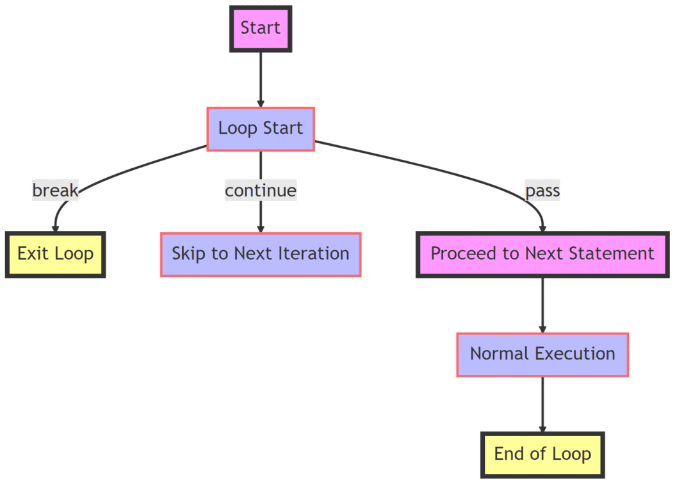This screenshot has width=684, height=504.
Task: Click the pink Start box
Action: click(x=260, y=28)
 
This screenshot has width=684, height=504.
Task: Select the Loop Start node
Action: click(x=260, y=129)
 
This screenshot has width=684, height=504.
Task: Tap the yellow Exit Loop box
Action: click(x=55, y=254)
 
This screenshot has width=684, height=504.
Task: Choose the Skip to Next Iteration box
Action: click(x=260, y=254)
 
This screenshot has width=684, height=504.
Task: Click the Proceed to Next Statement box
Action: click(x=542, y=254)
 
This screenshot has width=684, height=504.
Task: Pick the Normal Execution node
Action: click(x=542, y=354)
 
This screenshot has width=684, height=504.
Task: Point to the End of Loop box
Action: click(x=542, y=454)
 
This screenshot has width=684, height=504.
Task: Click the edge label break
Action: click(x=55, y=191)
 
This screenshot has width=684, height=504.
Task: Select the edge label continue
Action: click(x=260, y=191)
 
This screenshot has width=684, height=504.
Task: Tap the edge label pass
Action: click(x=542, y=191)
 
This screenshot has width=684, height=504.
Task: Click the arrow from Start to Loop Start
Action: click(x=260, y=77)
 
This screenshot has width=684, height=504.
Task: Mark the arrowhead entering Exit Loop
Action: click(x=56, y=228)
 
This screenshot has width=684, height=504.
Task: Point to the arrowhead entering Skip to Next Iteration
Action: click(x=260, y=229)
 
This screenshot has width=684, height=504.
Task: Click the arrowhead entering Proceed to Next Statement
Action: click(x=542, y=228)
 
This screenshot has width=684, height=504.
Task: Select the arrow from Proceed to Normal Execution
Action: click(x=542, y=304)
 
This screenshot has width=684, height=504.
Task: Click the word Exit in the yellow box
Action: click(x=29, y=254)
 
